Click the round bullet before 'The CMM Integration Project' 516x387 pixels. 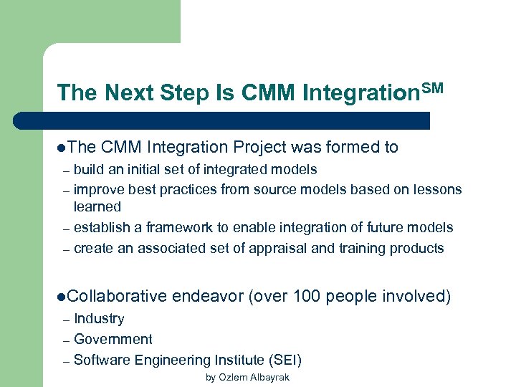click(62, 148)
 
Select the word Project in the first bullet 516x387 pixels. click(259, 148)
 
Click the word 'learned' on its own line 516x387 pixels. click(97, 206)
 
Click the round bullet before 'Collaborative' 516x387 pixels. click(62, 296)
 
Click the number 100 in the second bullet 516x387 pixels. click(307, 296)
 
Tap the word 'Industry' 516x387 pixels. click(99, 319)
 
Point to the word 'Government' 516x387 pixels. click(113, 339)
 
